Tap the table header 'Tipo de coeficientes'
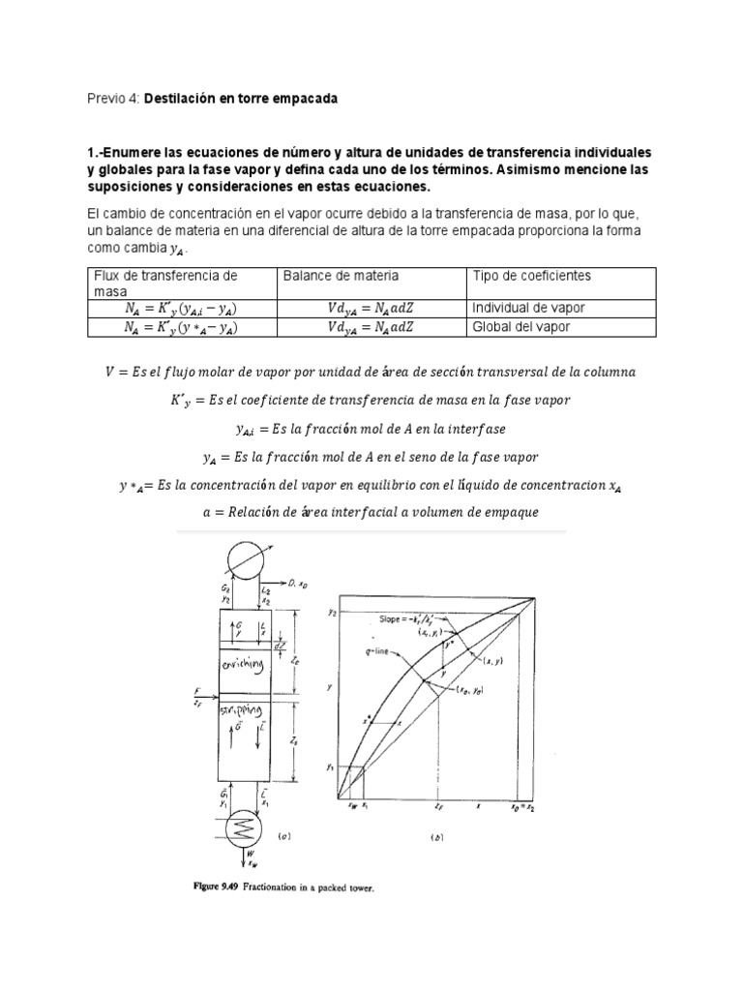click(531, 276)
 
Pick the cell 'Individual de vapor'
click(528, 308)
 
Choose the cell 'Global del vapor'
click(520, 327)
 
